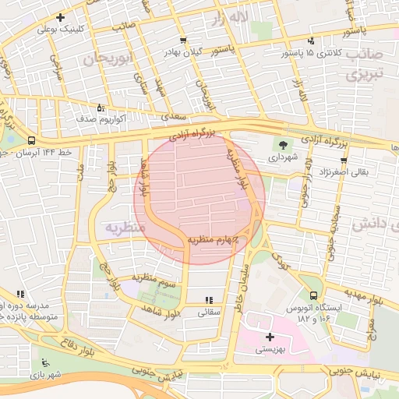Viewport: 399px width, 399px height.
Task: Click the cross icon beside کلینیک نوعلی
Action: [61, 17]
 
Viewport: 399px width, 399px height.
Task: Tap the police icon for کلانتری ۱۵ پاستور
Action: [312, 41]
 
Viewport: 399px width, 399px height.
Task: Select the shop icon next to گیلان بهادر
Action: [182, 40]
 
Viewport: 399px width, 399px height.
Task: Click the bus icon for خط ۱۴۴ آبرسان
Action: [30, 141]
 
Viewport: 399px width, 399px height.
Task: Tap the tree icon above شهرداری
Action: [282, 143]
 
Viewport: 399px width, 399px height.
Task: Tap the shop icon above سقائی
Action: [208, 299]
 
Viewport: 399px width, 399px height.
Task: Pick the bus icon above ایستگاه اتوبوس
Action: [312, 296]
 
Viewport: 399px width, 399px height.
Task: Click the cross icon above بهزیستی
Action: [270, 337]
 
